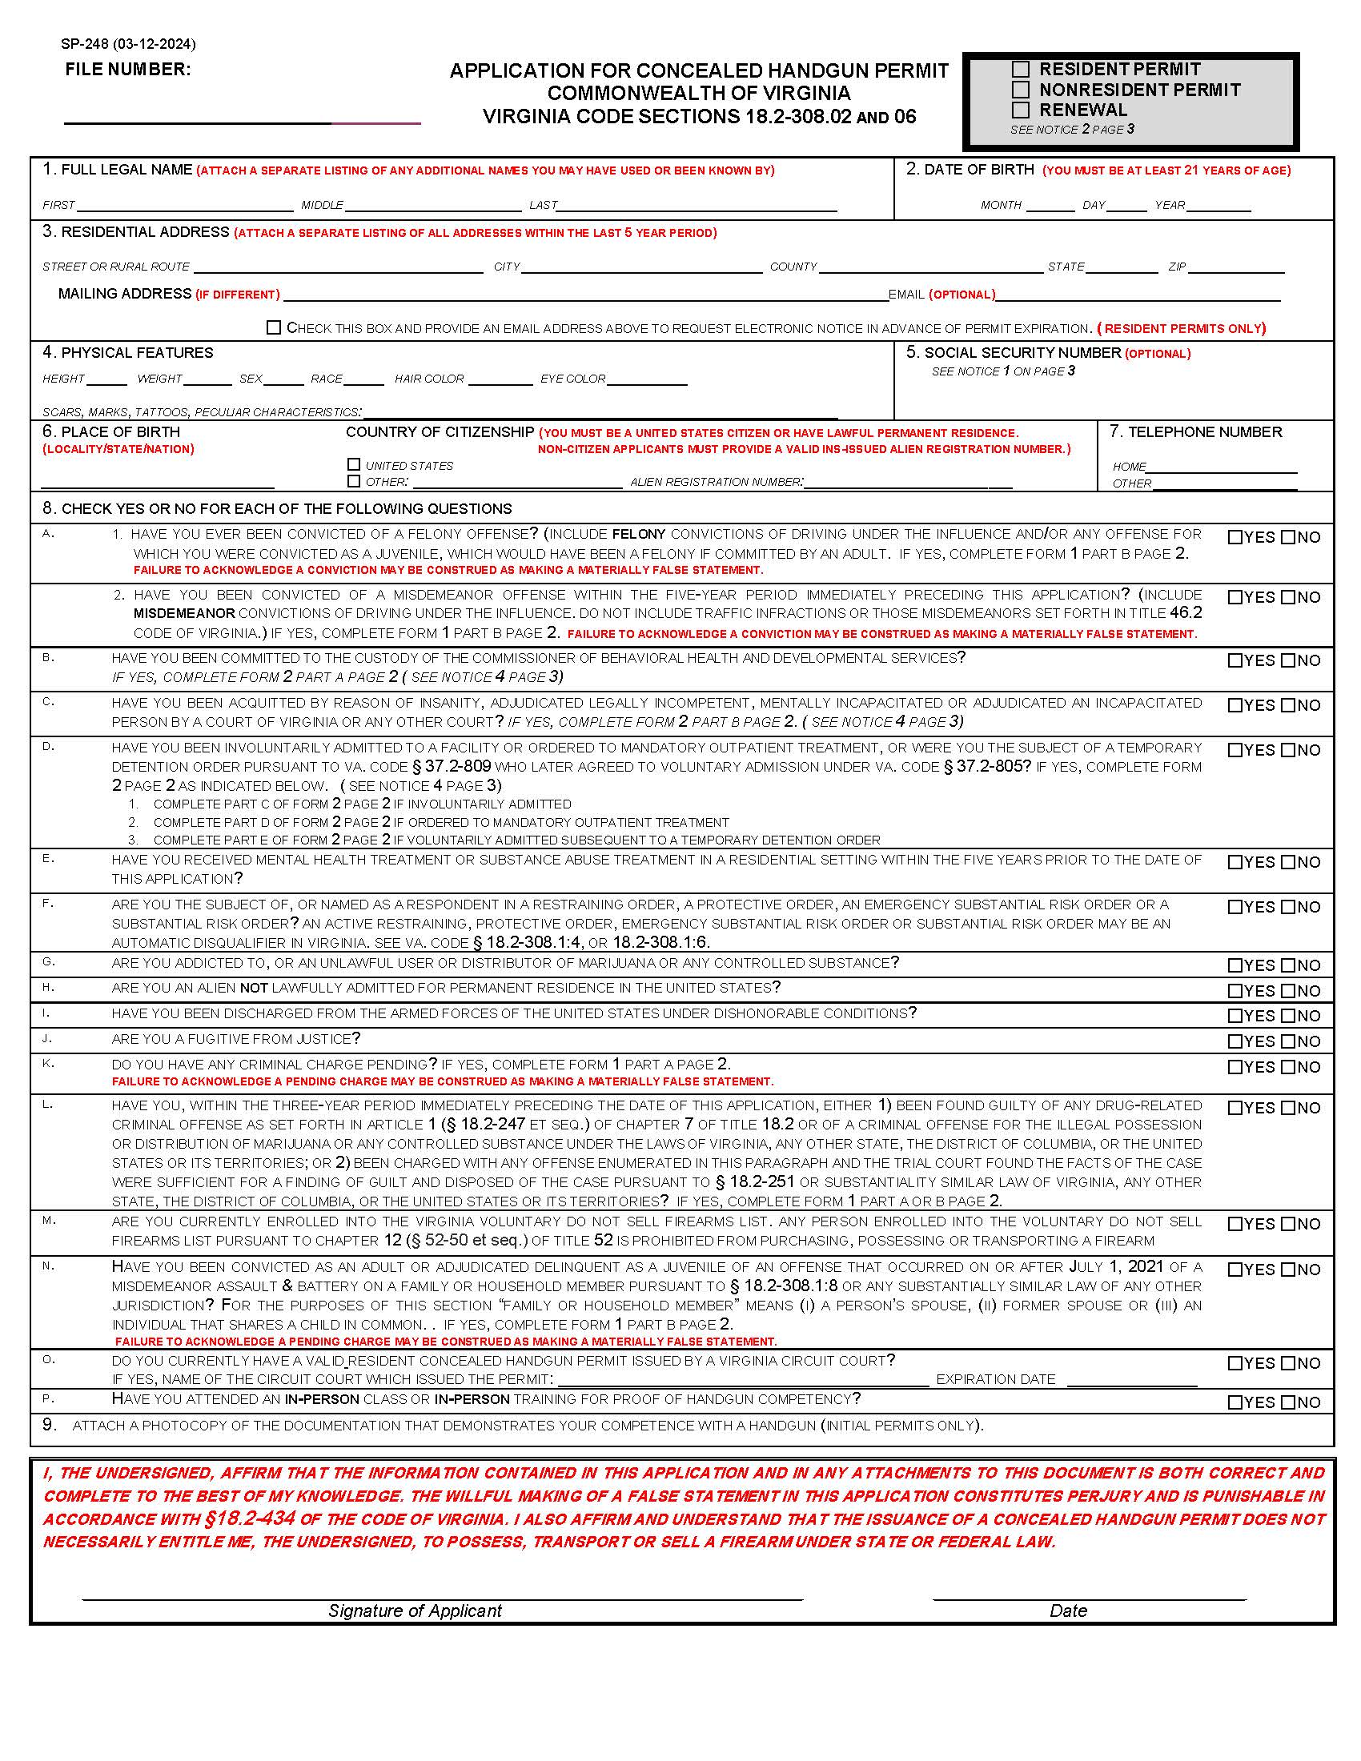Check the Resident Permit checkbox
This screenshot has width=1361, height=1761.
point(1021,70)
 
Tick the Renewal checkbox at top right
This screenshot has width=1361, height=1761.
point(1021,110)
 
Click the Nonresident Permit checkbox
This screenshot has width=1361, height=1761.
point(1021,90)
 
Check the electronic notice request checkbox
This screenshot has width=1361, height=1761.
point(274,327)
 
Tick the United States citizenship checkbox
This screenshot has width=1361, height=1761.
point(353,464)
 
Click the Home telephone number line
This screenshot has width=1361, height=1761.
point(1222,467)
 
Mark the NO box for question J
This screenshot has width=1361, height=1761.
point(1287,1041)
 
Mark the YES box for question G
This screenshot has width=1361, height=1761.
point(1235,965)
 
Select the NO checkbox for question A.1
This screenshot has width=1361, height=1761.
point(1287,537)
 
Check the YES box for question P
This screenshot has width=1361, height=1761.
point(1235,1402)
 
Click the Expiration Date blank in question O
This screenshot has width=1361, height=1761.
point(1131,1380)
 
